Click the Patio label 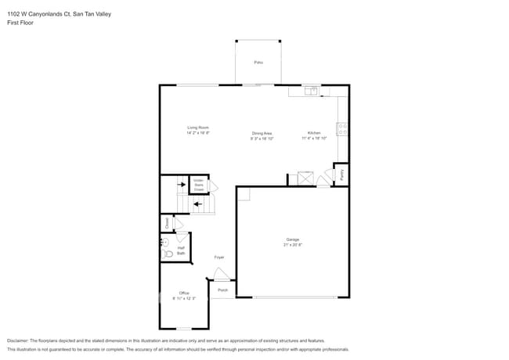(x=258, y=62)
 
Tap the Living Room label (x=197, y=128)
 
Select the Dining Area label (x=262, y=134)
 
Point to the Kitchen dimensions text (x=314, y=139)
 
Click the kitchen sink (x=311, y=91)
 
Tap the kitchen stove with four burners (x=342, y=128)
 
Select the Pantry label (x=341, y=174)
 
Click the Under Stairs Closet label (x=199, y=185)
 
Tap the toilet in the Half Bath (x=167, y=255)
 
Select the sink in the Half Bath (x=165, y=243)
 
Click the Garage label (x=292, y=239)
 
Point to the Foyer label (x=219, y=257)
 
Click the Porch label (x=222, y=290)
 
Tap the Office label (x=184, y=293)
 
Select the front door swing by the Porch (x=222, y=274)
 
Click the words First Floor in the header (x=21, y=23)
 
